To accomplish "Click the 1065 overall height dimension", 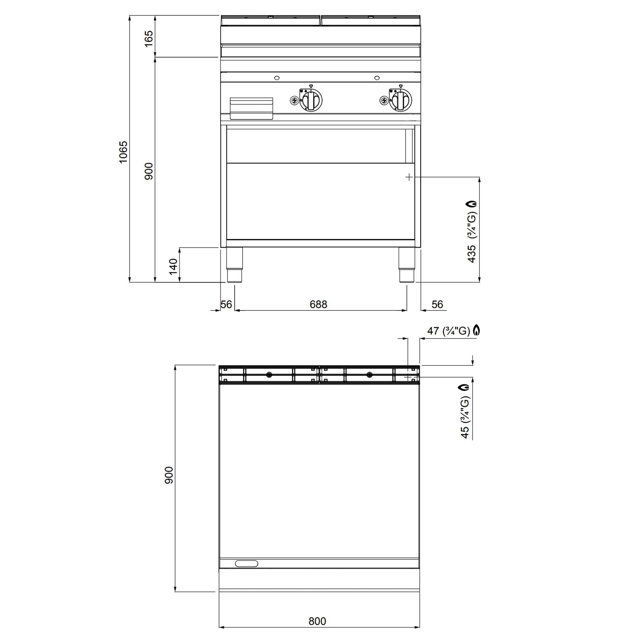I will pyautogui.click(x=123, y=152).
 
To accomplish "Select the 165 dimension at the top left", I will pyautogui.click(x=149, y=39).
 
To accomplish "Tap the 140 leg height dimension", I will pyautogui.click(x=173, y=266).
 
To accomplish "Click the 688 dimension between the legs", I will pyautogui.click(x=318, y=305).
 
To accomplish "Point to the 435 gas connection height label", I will pyautogui.click(x=472, y=253).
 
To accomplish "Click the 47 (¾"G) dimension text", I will pyautogui.click(x=448, y=331).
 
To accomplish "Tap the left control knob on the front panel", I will pyautogui.click(x=310, y=100).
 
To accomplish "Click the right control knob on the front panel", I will pyautogui.click(x=400, y=100).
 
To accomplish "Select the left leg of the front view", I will pyautogui.click(x=235, y=265).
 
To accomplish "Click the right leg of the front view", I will pyautogui.click(x=407, y=265).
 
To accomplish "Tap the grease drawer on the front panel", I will pyautogui.click(x=252, y=108).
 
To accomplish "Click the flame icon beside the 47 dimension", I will pyautogui.click(x=476, y=330).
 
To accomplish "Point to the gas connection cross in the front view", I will pyautogui.click(x=409, y=177).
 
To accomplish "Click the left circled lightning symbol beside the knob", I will pyautogui.click(x=294, y=100).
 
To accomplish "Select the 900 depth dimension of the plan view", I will pyautogui.click(x=169, y=475).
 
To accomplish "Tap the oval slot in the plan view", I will pyautogui.click(x=246, y=563).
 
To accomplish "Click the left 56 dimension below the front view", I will pyautogui.click(x=226, y=305).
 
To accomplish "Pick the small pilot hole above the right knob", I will pyautogui.click(x=377, y=78).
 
